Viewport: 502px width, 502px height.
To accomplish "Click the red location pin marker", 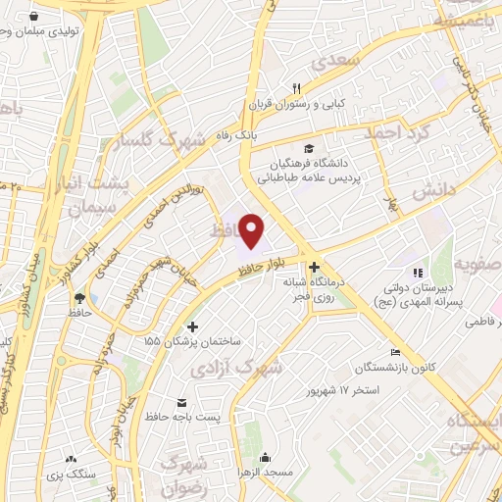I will click(x=253, y=231).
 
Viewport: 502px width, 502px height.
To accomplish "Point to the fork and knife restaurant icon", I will click(x=297, y=87).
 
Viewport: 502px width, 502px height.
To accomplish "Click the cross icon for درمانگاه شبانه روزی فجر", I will click(x=314, y=267).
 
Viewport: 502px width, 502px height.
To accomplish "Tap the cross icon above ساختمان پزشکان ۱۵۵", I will click(x=192, y=326).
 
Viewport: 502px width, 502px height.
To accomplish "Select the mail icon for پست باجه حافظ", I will click(x=181, y=402).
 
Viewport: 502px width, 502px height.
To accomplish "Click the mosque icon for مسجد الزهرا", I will click(x=265, y=457).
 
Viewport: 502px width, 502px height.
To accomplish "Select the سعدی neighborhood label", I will click(x=337, y=61).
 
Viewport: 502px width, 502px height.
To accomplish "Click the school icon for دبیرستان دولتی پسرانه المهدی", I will click(x=417, y=273).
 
